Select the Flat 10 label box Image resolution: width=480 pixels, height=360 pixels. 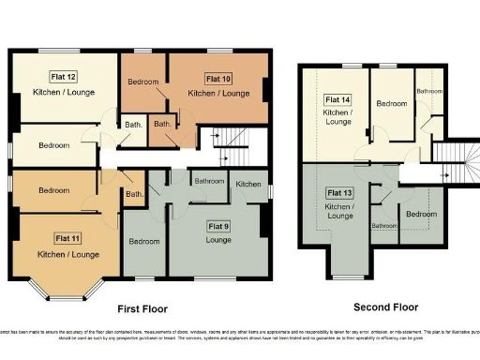click(218, 79)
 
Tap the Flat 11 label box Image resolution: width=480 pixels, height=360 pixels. click(68, 238)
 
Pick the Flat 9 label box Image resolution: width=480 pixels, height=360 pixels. click(219, 226)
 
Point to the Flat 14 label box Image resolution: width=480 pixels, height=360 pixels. click(337, 99)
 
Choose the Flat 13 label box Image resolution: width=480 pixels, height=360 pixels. click(340, 193)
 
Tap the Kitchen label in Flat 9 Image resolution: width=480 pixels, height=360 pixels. click(248, 184)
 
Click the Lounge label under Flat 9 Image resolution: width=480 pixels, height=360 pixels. click(219, 240)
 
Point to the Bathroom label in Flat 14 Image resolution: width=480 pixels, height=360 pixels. click(429, 91)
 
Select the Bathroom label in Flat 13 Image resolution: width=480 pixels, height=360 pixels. click(384, 226)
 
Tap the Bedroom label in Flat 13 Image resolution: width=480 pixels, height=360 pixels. click(421, 214)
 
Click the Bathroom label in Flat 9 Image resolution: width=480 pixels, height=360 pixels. click(209, 180)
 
